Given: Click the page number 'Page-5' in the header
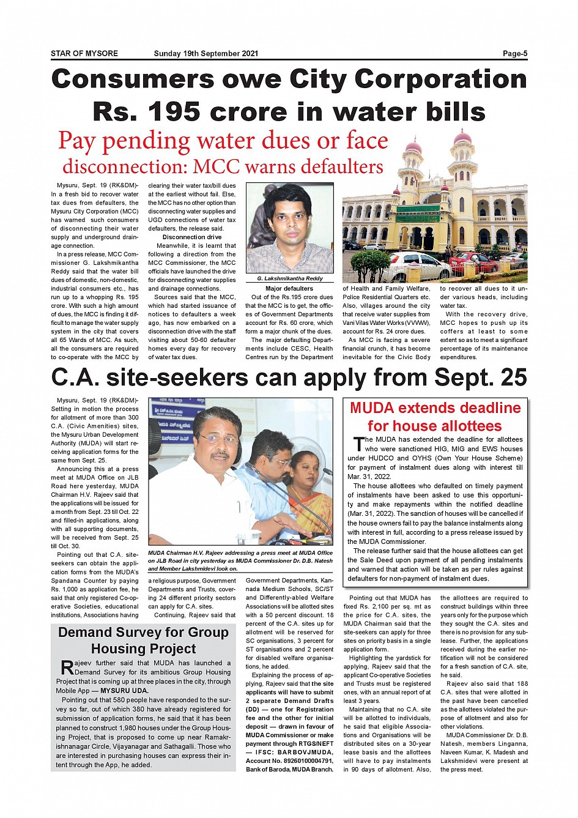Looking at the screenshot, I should coord(514,53).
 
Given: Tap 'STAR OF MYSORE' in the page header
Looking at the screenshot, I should coord(84,53).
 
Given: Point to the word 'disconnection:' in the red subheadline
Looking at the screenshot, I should coord(124,166).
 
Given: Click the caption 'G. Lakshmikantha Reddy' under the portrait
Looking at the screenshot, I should coord(290,278).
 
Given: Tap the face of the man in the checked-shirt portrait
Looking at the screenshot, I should coord(289,218).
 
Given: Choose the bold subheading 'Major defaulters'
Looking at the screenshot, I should coord(289,288).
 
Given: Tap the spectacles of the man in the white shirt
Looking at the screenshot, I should coord(218,439).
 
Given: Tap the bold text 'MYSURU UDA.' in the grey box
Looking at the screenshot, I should coord(124,691).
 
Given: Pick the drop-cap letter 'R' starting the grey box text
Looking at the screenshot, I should coord(67,667).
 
